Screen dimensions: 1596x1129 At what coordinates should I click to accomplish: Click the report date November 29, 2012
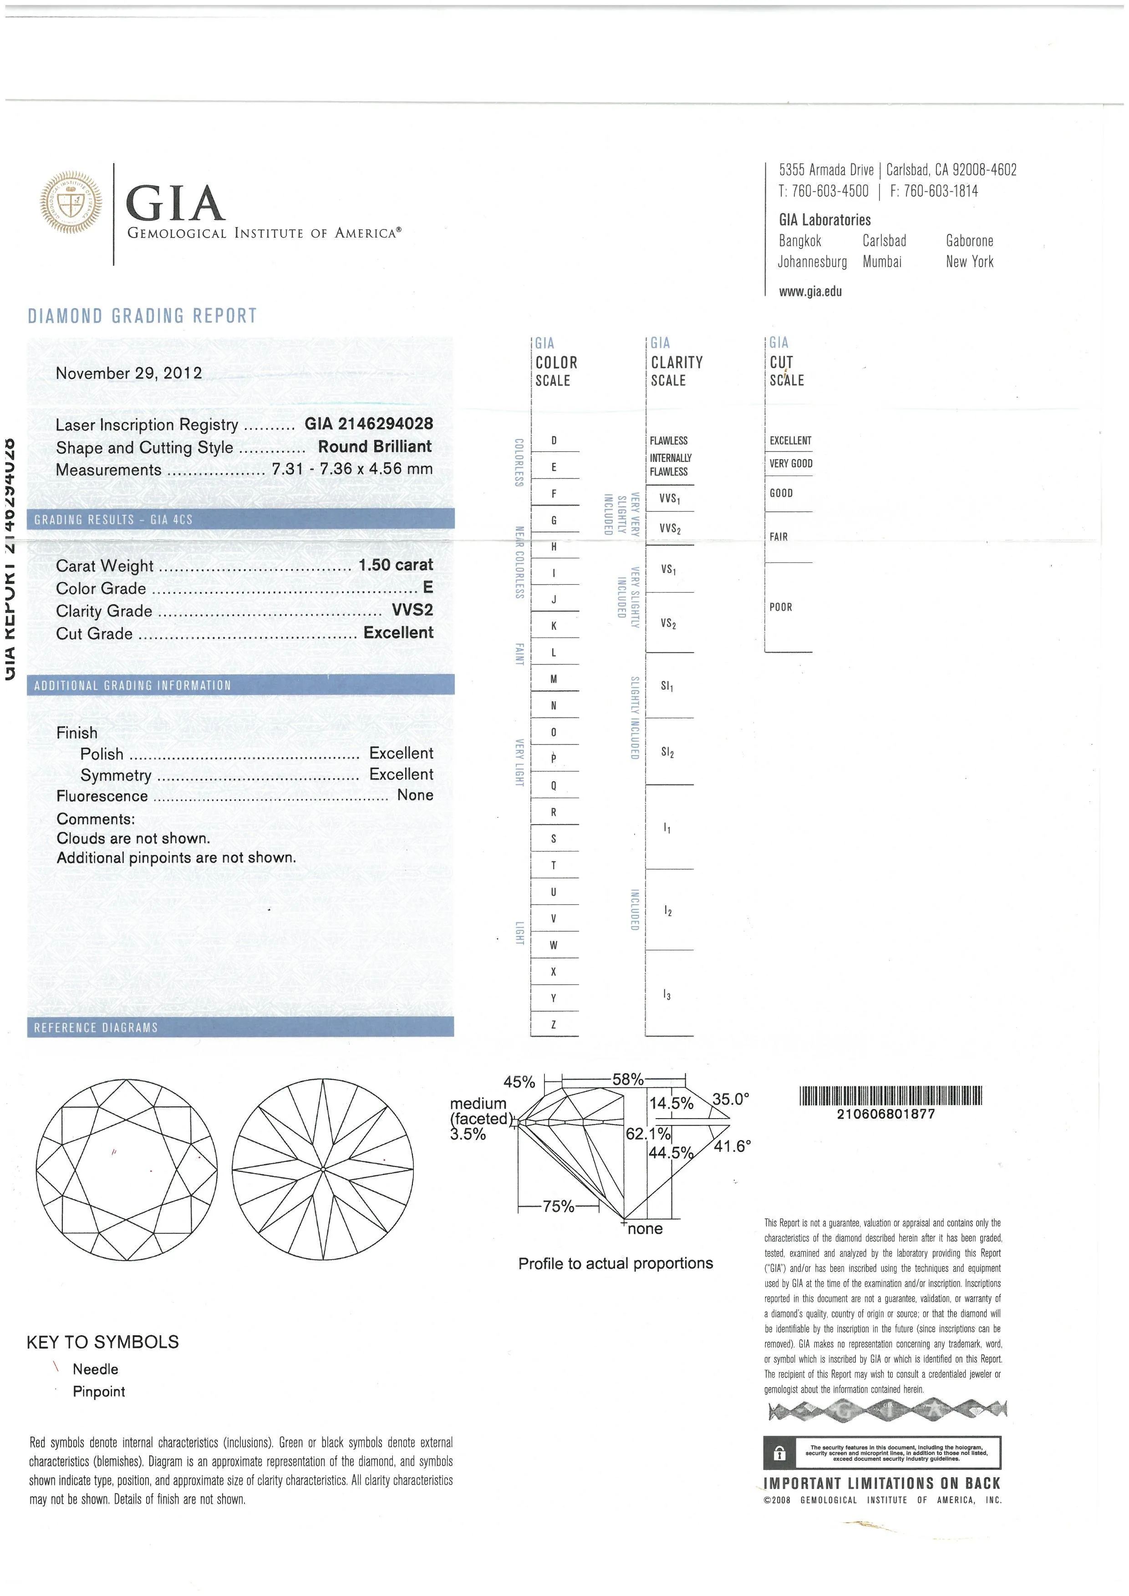[129, 373]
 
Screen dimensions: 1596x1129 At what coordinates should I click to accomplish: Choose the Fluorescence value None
[415, 795]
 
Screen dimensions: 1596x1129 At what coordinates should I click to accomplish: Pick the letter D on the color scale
[554, 440]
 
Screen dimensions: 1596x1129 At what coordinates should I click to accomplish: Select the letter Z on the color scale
[554, 1024]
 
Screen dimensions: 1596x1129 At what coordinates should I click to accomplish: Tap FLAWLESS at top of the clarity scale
[669, 441]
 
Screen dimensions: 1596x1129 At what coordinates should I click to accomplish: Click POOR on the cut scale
[781, 607]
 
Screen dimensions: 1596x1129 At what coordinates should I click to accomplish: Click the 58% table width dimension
[628, 1079]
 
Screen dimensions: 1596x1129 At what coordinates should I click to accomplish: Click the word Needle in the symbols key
[95, 1369]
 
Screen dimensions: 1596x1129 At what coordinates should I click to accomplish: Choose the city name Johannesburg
[812, 262]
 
